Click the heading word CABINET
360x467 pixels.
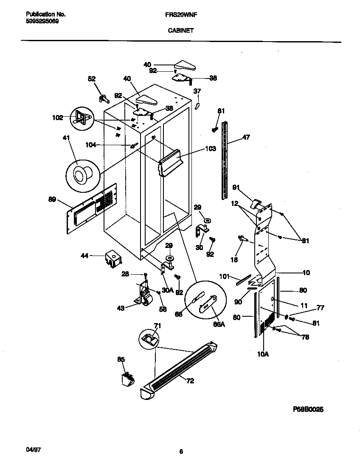pyautogui.click(x=180, y=30)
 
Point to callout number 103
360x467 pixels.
pyautogui.click(x=210, y=149)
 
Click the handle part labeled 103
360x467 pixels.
pyautogui.click(x=171, y=162)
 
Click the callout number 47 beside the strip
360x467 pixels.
pyautogui.click(x=246, y=137)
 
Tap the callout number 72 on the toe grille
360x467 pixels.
pyautogui.click(x=190, y=381)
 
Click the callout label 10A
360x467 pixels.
pyautogui.click(x=263, y=353)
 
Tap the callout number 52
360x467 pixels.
pyautogui.click(x=92, y=79)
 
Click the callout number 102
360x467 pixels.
pyautogui.click(x=57, y=118)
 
